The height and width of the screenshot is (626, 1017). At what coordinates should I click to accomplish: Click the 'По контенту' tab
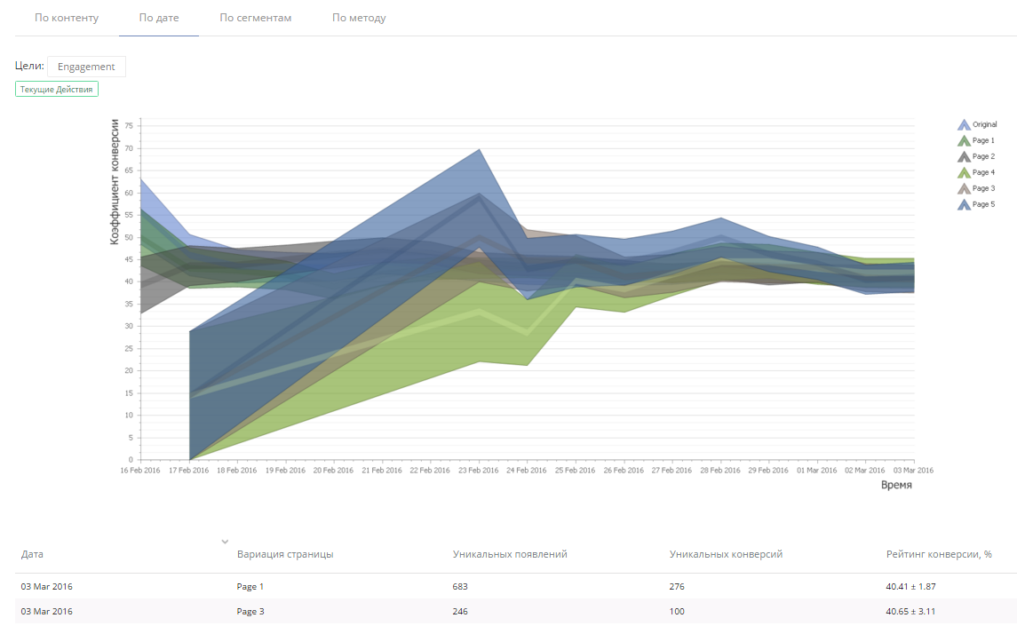pyautogui.click(x=67, y=18)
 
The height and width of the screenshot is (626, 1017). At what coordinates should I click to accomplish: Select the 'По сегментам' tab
pyautogui.click(x=255, y=18)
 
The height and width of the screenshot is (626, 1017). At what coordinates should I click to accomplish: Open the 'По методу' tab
pyautogui.click(x=359, y=18)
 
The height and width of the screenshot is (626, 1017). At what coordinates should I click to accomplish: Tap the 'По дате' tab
pyautogui.click(x=158, y=18)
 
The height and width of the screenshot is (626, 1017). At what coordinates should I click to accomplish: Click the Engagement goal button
pyautogui.click(x=86, y=67)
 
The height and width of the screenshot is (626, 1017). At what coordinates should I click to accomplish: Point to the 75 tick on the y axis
pyautogui.click(x=128, y=126)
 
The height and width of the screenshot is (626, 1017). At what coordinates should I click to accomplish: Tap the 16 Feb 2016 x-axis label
pyautogui.click(x=140, y=471)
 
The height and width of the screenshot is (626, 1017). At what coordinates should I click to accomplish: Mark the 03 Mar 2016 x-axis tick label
pyautogui.click(x=913, y=471)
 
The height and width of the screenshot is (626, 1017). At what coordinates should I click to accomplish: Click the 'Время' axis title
pyautogui.click(x=896, y=486)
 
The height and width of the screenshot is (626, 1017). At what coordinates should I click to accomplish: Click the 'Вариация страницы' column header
pyautogui.click(x=285, y=554)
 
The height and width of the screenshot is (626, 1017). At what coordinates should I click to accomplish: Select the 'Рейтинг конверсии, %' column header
pyautogui.click(x=939, y=554)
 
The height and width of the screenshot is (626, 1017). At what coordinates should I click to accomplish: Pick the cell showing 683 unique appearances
pyautogui.click(x=460, y=587)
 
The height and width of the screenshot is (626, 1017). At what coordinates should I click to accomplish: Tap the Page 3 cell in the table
pyautogui.click(x=250, y=612)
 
